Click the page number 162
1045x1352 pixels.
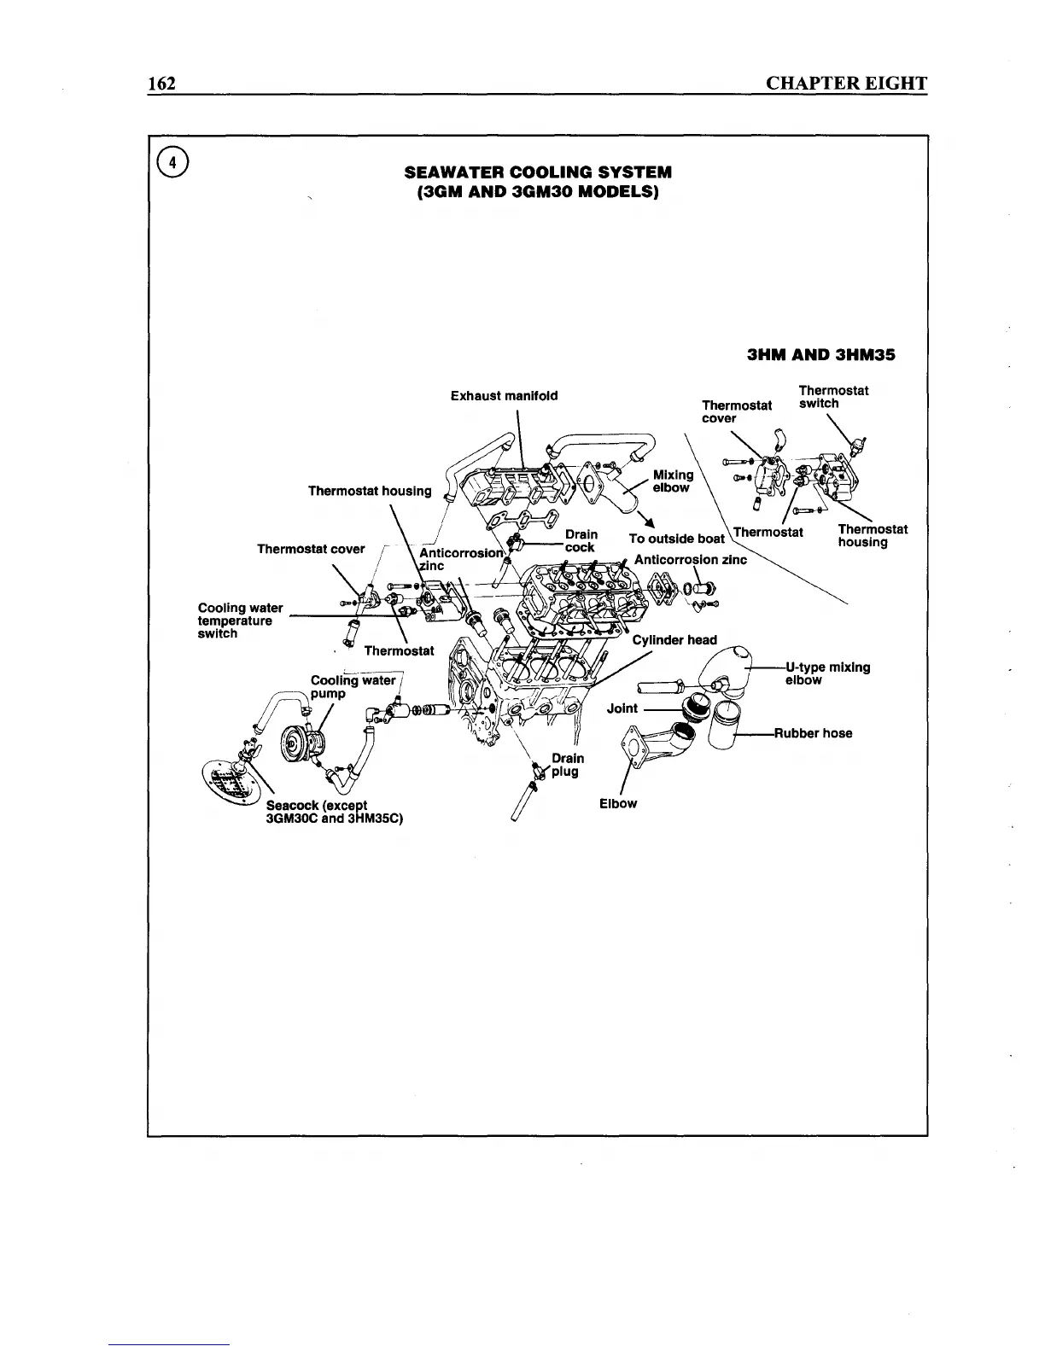[x=161, y=83]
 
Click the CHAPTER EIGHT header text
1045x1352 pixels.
[x=846, y=83]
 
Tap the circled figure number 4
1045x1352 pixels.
[x=173, y=163]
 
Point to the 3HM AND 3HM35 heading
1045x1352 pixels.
[x=821, y=354]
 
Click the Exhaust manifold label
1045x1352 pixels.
[x=504, y=396]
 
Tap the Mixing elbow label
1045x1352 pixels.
[x=673, y=481]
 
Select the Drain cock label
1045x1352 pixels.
[x=581, y=541]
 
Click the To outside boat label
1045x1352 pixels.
[x=676, y=539]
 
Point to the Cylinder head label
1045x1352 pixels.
[x=674, y=640]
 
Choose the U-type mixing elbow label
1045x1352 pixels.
[x=827, y=673]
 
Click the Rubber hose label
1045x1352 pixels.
[x=814, y=733]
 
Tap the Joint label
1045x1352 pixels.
[x=622, y=708]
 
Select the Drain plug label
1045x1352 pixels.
[x=567, y=765]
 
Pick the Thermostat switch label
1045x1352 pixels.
[x=833, y=397]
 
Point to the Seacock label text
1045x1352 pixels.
[x=333, y=812]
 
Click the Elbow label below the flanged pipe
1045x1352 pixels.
[x=618, y=803]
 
